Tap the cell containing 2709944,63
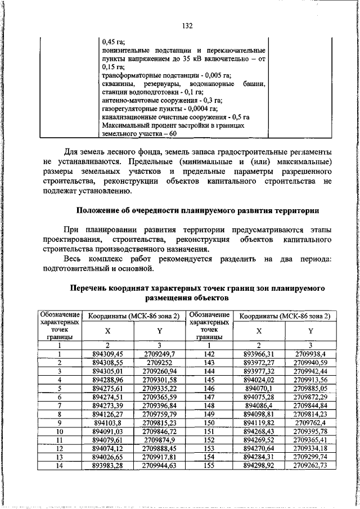[159, 466]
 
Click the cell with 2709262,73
[310, 466]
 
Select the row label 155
[209, 466]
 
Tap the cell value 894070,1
[258, 388]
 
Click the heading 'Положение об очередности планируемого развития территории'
[197, 211]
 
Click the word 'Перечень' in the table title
[88, 287]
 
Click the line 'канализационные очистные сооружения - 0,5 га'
[175, 117]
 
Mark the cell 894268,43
[258, 431]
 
